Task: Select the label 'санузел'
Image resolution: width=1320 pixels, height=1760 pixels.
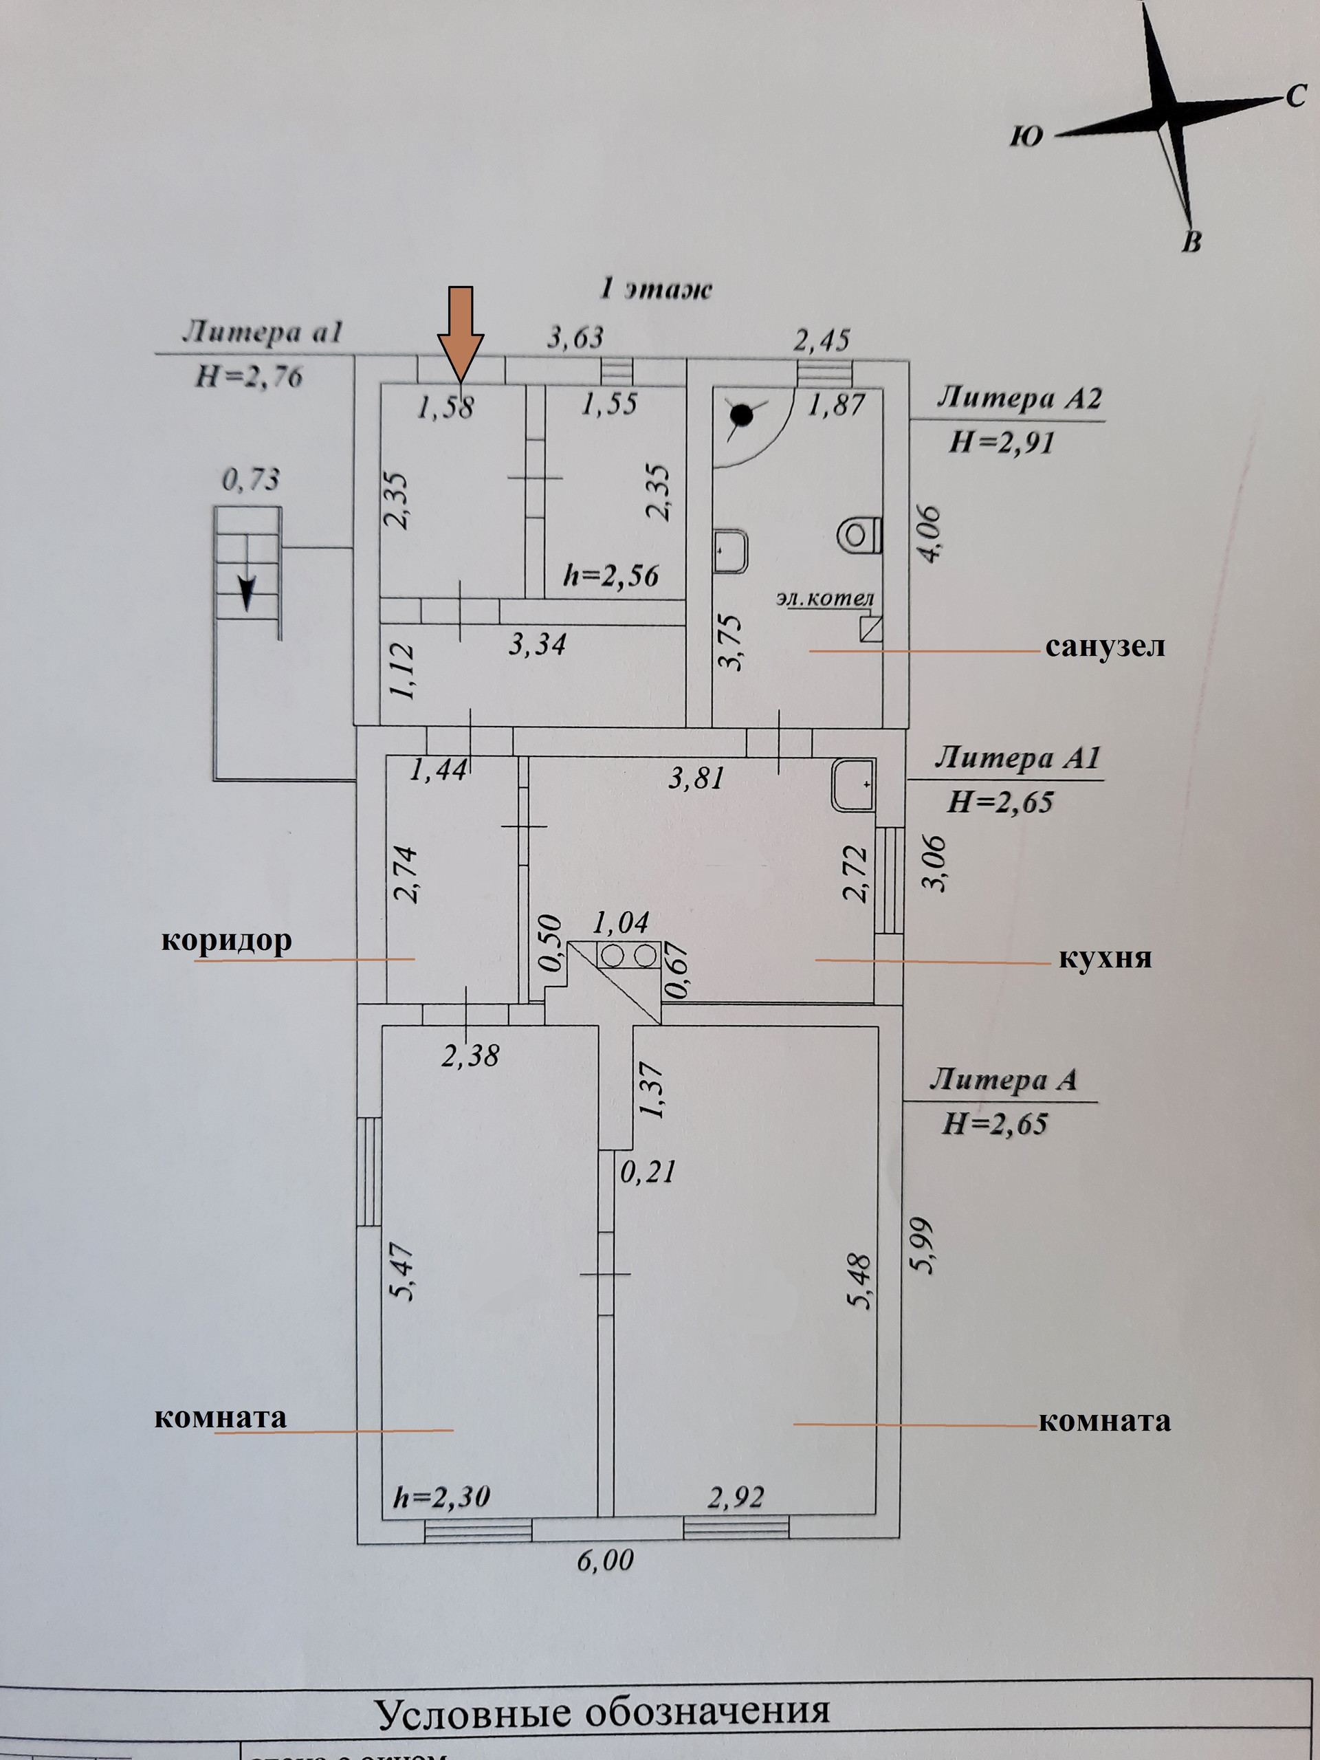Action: click(x=1104, y=646)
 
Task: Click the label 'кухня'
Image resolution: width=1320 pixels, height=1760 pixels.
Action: click(x=1104, y=957)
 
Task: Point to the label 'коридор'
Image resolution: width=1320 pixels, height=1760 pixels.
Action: click(x=227, y=940)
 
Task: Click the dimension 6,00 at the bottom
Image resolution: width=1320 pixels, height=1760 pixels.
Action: click(x=606, y=1561)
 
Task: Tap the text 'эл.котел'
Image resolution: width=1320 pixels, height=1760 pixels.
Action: click(x=825, y=597)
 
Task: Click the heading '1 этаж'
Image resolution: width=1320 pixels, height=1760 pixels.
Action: click(x=654, y=289)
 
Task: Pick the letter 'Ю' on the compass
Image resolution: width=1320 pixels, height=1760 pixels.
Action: click(x=1026, y=137)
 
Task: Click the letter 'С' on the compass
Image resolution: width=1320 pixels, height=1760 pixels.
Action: click(x=1295, y=96)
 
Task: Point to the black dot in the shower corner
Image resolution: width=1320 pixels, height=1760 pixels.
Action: click(x=742, y=415)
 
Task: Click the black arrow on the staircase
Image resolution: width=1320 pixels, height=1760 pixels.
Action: click(x=247, y=593)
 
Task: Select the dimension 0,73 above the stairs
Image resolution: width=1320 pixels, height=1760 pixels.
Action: click(x=251, y=480)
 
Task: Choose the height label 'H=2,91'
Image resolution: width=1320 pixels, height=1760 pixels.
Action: click(x=1001, y=441)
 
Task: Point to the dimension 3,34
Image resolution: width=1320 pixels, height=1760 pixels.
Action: click(x=537, y=643)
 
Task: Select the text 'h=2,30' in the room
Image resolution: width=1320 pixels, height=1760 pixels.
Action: click(x=441, y=1497)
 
